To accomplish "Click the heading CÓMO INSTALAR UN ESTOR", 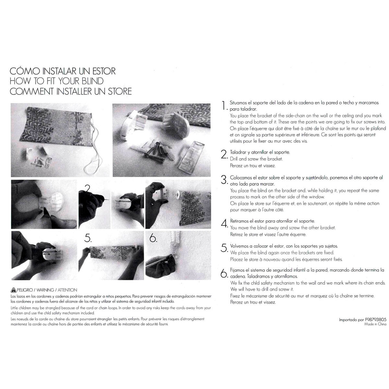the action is click(x=63, y=71).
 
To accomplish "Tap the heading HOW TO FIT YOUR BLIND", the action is click(x=56, y=81).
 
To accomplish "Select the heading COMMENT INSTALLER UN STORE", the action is click(x=71, y=91).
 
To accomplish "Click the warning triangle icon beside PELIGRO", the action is click(x=13, y=290).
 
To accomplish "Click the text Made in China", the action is click(x=375, y=324).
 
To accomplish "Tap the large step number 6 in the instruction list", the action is click(x=224, y=274).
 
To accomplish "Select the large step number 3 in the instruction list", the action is click(x=224, y=180).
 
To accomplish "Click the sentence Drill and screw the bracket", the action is click(x=256, y=159).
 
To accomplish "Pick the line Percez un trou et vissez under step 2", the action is click(x=253, y=166).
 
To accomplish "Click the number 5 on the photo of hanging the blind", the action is click(x=88, y=238).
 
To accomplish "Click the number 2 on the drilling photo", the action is click(x=88, y=188).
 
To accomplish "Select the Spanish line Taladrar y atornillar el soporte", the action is click(x=260, y=152).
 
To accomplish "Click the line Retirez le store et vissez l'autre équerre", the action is click(x=268, y=234).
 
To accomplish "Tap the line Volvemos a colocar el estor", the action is click(x=284, y=246).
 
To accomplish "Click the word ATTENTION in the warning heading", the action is click(x=67, y=290).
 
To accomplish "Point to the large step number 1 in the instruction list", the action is click(x=224, y=106).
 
